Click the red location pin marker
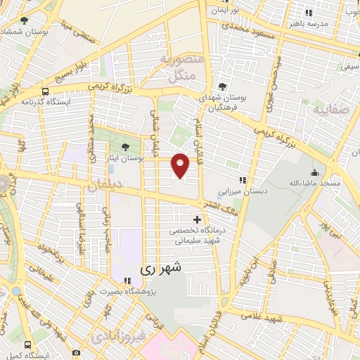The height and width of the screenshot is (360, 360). coord(181,165)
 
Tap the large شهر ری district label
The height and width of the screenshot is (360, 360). coord(161,268)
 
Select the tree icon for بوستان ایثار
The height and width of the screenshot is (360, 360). coord(125,147)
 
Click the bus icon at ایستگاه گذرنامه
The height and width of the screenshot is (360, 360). coord(46,91)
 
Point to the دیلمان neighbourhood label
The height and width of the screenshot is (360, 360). coord(105,186)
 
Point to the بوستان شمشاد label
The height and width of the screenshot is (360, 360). coord(25,32)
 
